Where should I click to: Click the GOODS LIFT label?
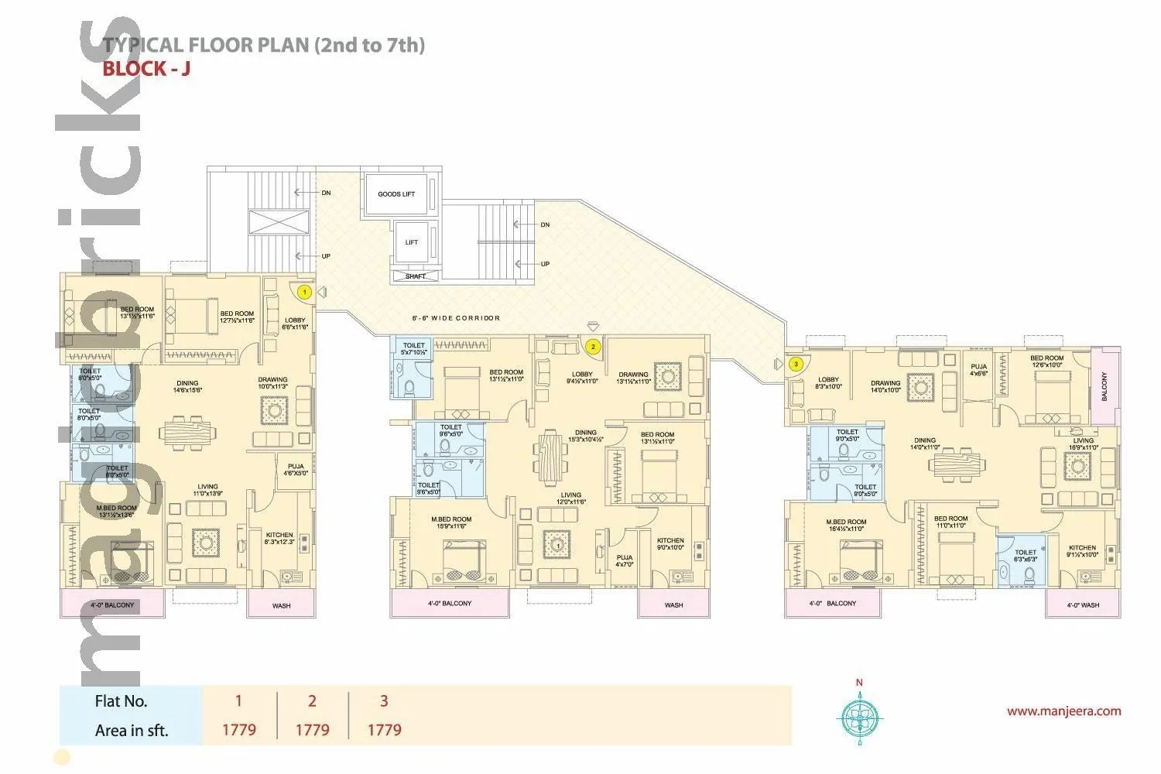396,194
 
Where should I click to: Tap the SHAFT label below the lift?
416,276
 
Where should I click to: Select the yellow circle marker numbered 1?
304,293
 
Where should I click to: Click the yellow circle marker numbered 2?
593,347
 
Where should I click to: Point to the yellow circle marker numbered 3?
795,364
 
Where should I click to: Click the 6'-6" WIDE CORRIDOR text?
455,318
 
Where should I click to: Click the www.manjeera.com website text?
1063,711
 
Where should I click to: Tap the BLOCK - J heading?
146,68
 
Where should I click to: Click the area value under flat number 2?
312,729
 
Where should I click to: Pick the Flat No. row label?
121,701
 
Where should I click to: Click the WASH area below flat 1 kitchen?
281,604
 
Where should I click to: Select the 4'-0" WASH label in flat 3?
1082,604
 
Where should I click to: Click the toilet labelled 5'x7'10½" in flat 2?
413,348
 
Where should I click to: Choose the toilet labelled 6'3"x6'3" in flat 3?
1025,556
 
